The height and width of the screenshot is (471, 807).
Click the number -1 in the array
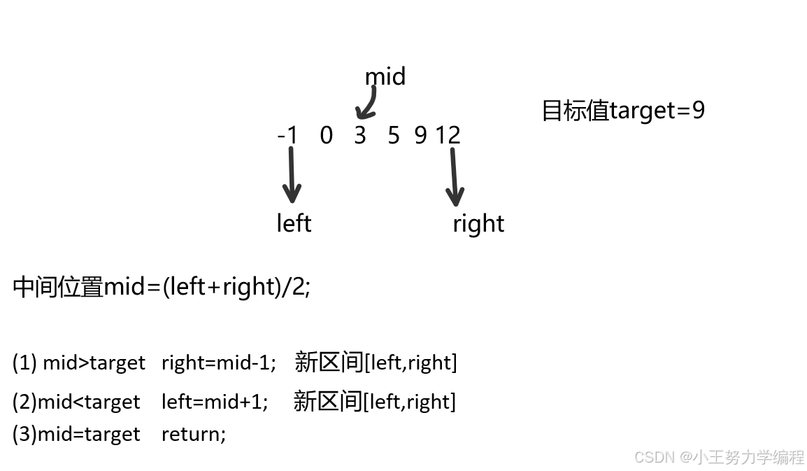coord(287,134)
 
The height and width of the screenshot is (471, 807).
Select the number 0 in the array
coord(326,134)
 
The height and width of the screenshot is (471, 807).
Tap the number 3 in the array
coord(359,134)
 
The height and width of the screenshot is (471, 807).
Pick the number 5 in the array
coord(393,134)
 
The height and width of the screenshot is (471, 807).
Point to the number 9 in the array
coord(420,134)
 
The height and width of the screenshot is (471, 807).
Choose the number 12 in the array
coord(448,134)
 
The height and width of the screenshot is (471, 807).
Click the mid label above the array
coord(385,76)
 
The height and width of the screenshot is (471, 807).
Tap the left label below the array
coord(294,223)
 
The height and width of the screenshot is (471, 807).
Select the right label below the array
coord(478,224)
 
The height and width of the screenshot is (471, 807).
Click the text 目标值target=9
coord(623,111)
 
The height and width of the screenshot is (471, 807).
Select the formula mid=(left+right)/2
coord(206,286)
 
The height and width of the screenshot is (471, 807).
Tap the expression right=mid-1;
coord(219,363)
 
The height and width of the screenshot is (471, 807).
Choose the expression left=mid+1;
coord(215,402)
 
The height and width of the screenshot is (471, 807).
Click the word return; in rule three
coord(194,434)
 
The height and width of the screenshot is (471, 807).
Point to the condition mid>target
coord(94,363)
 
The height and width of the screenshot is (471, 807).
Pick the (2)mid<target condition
coord(76,402)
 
